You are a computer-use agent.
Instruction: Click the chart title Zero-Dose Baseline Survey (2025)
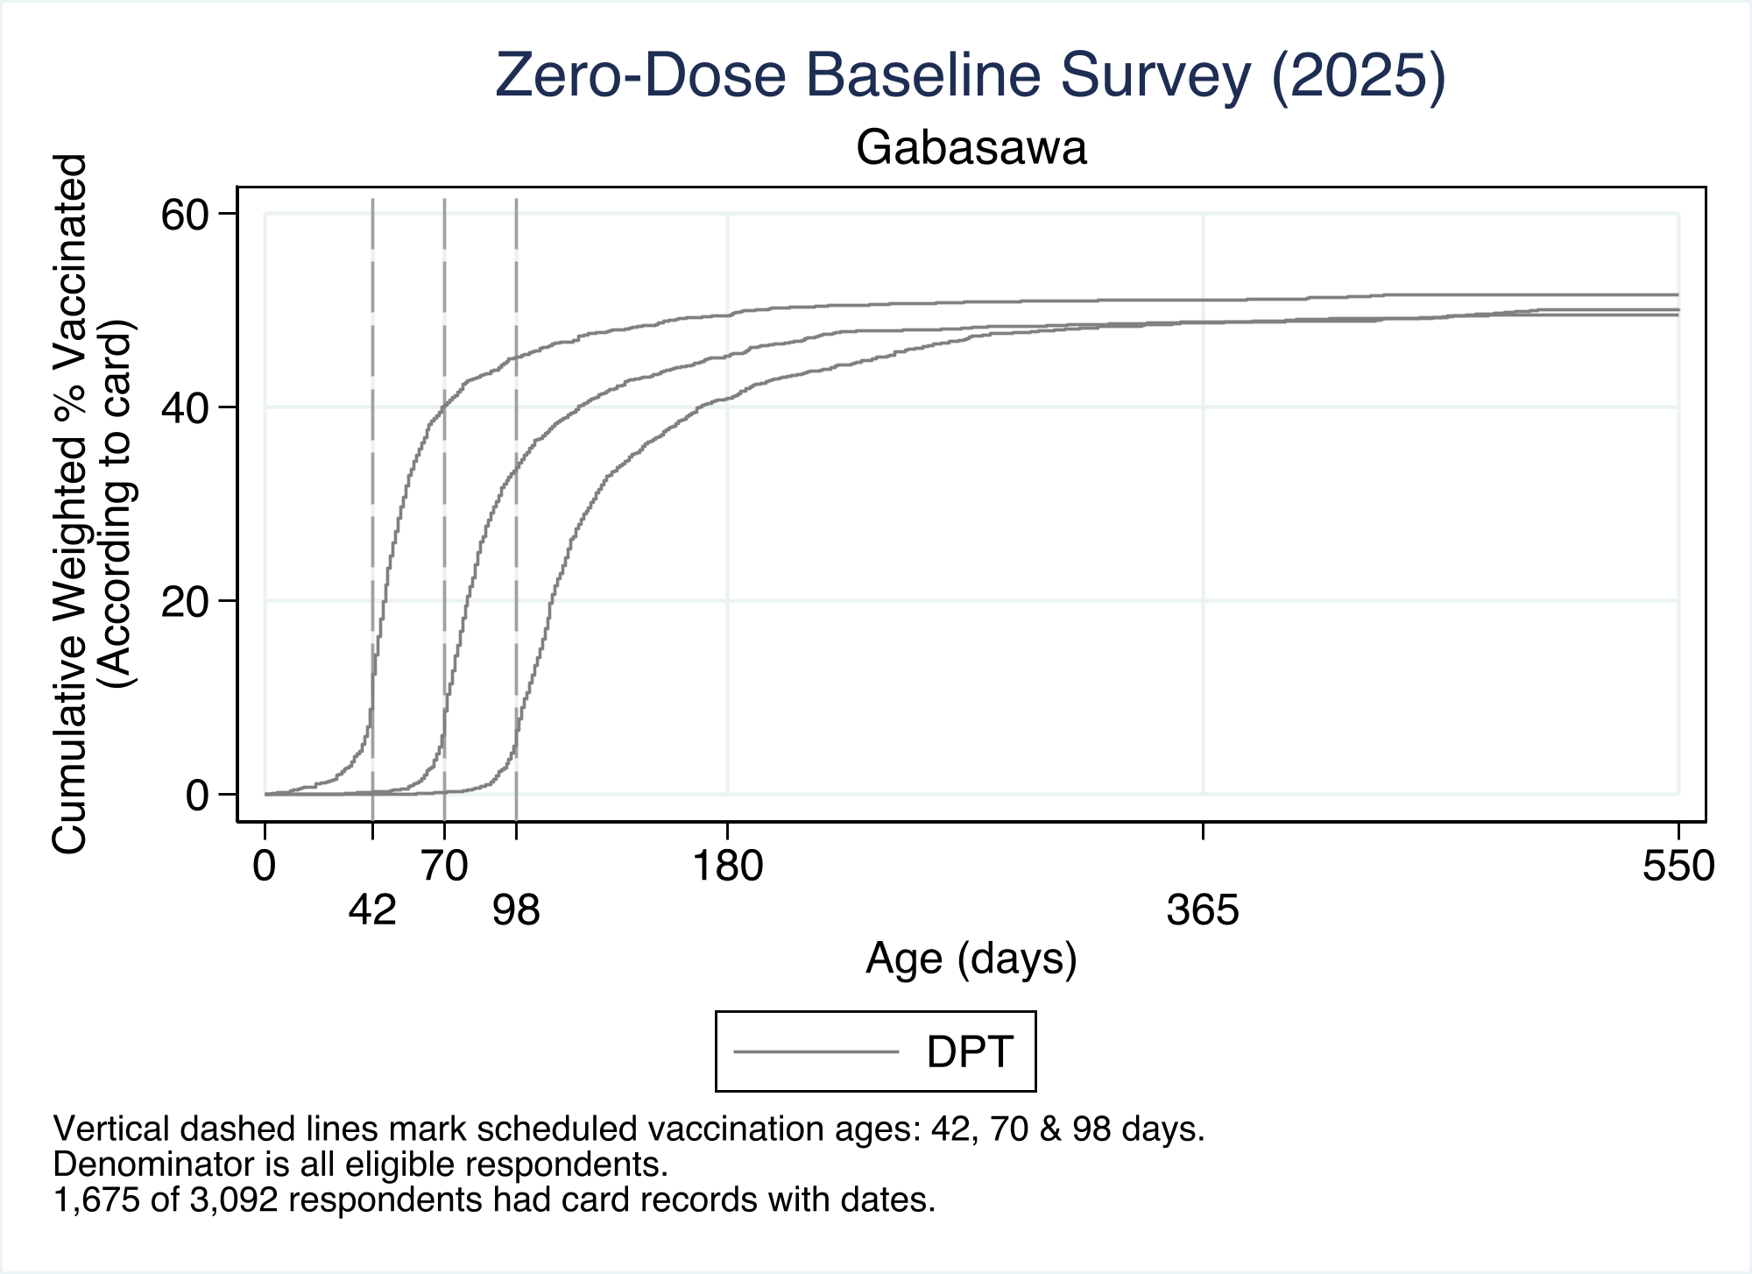tap(971, 76)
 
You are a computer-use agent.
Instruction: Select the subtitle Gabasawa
tap(971, 148)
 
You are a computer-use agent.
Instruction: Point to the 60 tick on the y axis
tap(186, 214)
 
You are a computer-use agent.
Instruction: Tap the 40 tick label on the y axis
tap(186, 407)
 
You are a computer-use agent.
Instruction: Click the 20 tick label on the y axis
tap(186, 601)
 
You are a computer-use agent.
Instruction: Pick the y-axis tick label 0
tap(198, 795)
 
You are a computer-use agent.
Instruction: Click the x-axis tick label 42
tap(373, 911)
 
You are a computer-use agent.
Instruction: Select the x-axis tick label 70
tap(445, 867)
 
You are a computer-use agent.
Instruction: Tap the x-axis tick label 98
tap(517, 911)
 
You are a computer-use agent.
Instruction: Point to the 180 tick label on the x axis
tap(728, 867)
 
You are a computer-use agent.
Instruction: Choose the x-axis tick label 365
tap(1203, 911)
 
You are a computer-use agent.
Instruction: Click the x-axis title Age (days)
tap(971, 959)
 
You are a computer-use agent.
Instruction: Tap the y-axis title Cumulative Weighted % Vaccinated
tap(71, 504)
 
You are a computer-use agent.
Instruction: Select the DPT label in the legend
tap(971, 1051)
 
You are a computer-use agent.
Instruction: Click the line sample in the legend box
tap(816, 1051)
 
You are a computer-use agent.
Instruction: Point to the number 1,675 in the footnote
tap(96, 1200)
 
